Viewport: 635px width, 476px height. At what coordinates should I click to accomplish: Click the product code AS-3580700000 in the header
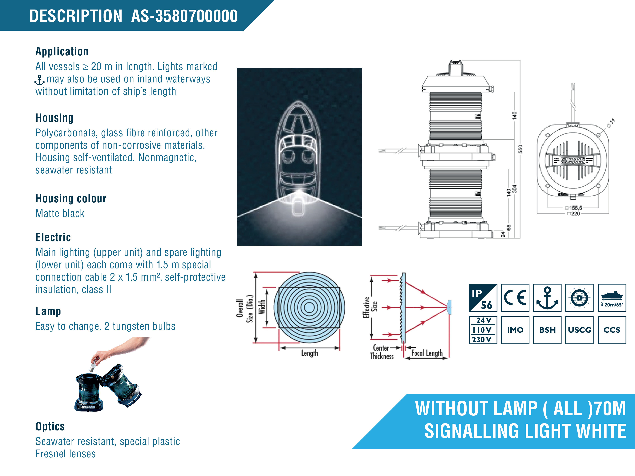point(184,16)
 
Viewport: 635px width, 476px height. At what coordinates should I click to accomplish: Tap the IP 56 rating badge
point(483,298)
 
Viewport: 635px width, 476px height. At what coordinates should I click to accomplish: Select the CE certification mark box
point(515,298)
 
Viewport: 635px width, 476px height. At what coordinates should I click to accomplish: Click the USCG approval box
point(579,330)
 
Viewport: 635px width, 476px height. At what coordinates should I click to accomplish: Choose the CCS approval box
point(612,330)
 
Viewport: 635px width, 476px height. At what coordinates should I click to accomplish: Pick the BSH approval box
point(547,330)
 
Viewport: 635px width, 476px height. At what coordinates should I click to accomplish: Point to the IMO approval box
point(515,330)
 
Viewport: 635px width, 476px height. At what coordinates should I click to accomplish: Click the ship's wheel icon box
point(579,298)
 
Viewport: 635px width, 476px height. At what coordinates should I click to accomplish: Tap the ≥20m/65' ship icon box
point(612,298)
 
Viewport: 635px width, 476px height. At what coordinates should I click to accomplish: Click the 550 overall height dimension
point(520,149)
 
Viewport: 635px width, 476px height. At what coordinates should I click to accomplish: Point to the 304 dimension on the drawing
point(514,189)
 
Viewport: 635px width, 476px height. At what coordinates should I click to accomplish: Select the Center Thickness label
point(382,352)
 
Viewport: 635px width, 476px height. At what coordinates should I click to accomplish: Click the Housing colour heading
point(71,199)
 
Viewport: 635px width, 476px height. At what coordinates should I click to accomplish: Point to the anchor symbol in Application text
point(39,80)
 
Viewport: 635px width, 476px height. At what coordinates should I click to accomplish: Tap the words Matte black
point(60,213)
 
